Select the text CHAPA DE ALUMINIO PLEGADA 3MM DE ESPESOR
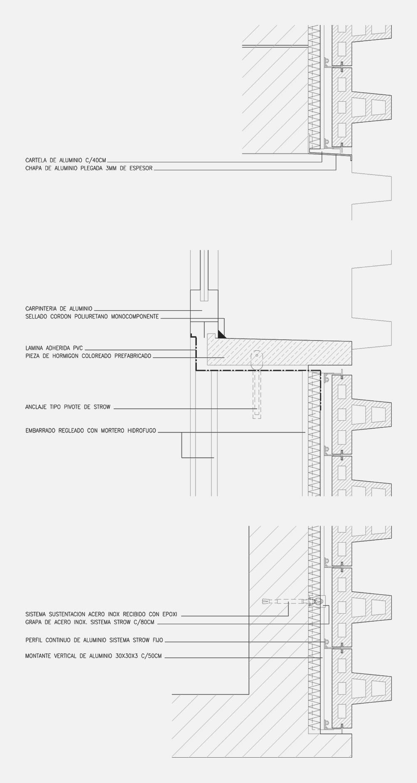click(x=89, y=168)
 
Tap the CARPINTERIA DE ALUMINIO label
click(x=59, y=309)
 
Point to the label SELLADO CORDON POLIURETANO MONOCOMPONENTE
click(x=92, y=316)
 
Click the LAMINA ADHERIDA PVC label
click(x=54, y=348)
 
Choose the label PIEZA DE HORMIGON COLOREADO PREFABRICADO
click(x=88, y=356)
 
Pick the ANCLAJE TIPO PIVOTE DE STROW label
click(x=68, y=407)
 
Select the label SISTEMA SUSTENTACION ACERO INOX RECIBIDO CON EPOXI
click(x=102, y=614)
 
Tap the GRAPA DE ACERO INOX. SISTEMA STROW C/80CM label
click(x=90, y=622)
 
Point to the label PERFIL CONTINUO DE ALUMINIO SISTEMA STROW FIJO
click(x=94, y=640)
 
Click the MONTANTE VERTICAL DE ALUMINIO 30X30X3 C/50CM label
click(x=93, y=656)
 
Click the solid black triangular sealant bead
click(x=221, y=334)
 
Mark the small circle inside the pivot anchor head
click(x=257, y=355)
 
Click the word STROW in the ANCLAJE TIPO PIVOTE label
click(x=102, y=407)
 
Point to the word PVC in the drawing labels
click(x=78, y=348)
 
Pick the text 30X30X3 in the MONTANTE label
click(x=124, y=656)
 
